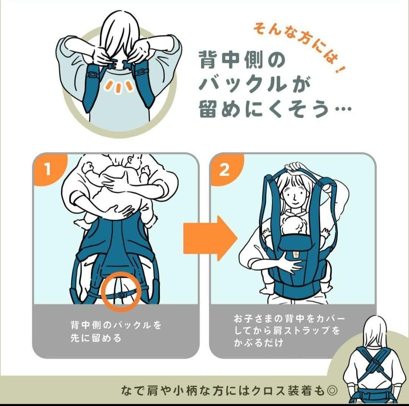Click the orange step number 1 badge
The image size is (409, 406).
click(48, 169)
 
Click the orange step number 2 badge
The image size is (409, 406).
click(224, 170)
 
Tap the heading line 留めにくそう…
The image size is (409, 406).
click(275, 110)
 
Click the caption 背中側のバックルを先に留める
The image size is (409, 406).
click(116, 331)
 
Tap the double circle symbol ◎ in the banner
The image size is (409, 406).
click(332, 390)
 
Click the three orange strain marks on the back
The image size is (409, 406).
click(119, 86)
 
